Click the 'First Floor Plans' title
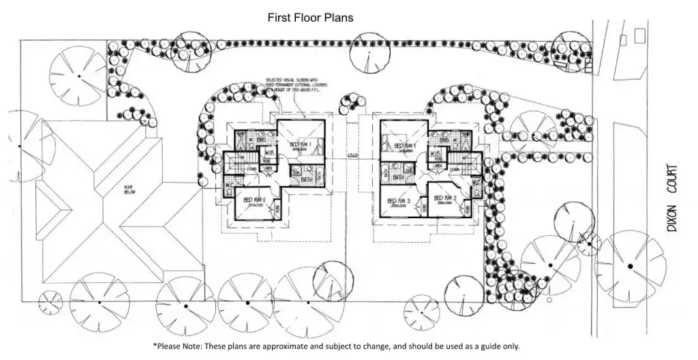coord(310,18)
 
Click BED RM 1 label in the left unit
coord(301,145)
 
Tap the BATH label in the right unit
coord(399,177)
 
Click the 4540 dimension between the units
coord(352,156)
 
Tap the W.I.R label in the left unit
coord(271,152)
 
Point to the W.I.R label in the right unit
coord(434,153)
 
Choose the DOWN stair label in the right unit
coord(454,170)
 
